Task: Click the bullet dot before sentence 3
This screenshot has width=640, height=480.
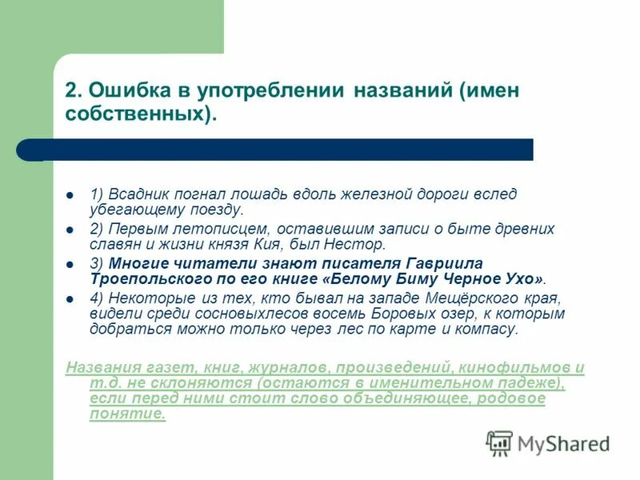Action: point(70,263)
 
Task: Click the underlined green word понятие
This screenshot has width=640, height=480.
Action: point(127,414)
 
